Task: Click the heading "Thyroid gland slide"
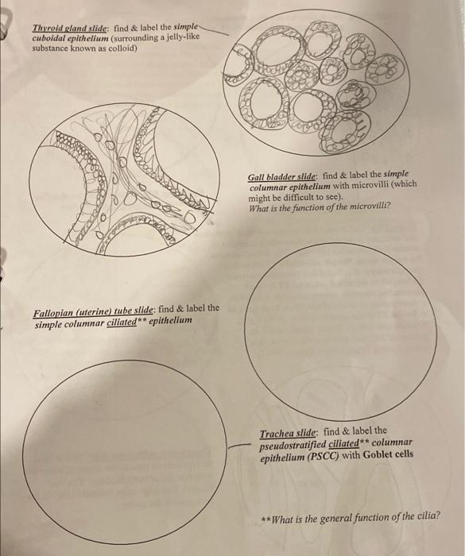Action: pos(70,29)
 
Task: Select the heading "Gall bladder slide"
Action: pos(282,176)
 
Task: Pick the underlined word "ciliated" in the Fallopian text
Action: pos(122,322)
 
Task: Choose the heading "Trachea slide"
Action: pos(288,434)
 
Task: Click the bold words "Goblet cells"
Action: pos(389,454)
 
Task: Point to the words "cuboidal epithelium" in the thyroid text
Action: pos(70,38)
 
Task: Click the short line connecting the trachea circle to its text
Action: pos(237,446)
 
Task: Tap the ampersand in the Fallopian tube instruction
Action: pos(180,308)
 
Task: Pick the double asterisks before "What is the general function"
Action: pos(265,519)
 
